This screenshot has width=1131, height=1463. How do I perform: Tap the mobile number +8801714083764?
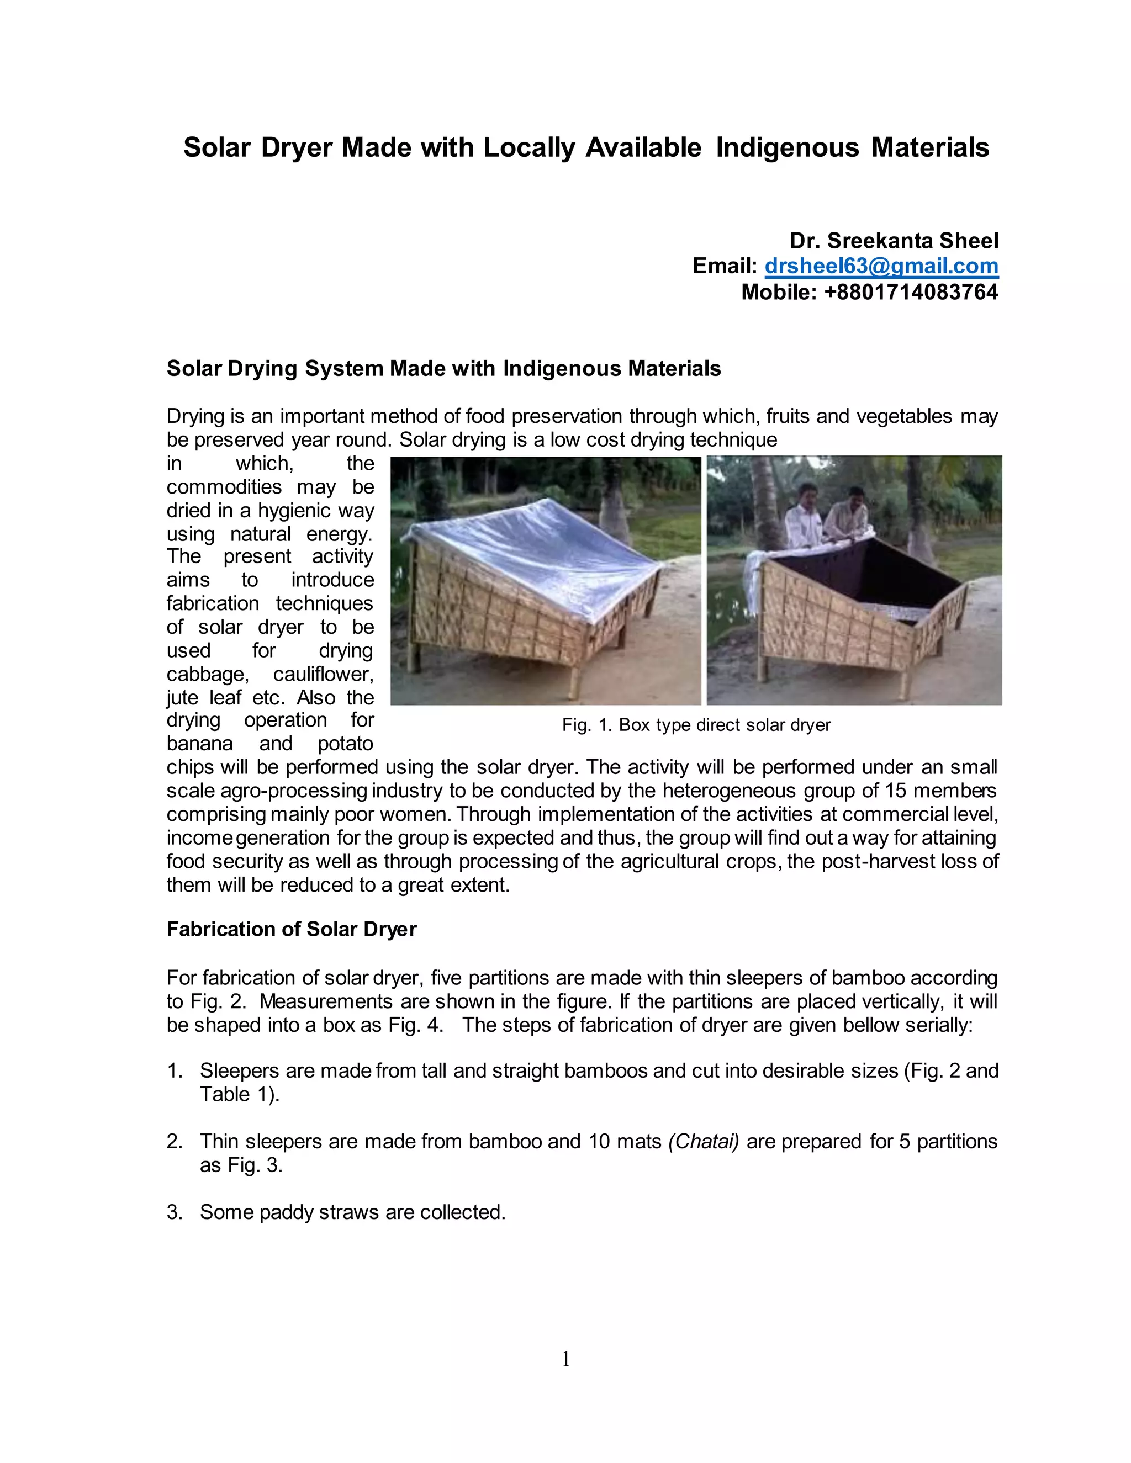click(x=911, y=292)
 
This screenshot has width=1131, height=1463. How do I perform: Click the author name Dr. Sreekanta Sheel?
click(x=894, y=241)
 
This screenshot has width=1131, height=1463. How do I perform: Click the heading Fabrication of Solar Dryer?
click(x=292, y=929)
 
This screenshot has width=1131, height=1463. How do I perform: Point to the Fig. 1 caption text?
click(x=696, y=725)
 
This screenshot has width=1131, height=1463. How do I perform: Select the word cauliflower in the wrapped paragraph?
click(x=323, y=674)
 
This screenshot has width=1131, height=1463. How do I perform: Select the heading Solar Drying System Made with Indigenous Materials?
click(x=443, y=368)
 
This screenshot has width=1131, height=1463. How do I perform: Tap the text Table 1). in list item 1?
click(x=239, y=1095)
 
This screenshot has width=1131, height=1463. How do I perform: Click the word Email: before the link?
click(x=725, y=266)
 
